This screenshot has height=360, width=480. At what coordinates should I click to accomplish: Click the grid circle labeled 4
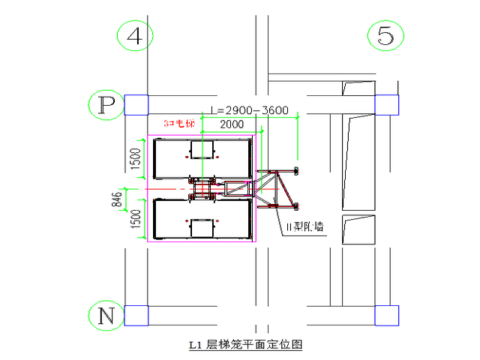tap(135, 36)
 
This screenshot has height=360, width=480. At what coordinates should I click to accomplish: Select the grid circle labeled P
tap(106, 106)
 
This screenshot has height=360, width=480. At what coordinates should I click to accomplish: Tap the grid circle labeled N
tap(106, 316)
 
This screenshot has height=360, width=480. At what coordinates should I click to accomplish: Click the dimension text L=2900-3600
tap(250, 110)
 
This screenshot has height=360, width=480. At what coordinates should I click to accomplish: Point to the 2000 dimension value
tap(230, 124)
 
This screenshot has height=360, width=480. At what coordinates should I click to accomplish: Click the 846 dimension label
tap(117, 199)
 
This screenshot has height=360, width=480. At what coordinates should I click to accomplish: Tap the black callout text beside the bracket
tap(303, 227)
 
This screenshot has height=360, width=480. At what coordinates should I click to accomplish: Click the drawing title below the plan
tap(247, 346)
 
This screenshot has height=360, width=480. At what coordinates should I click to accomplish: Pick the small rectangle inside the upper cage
tap(202, 152)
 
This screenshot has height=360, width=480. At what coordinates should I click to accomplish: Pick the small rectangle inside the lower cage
tap(202, 226)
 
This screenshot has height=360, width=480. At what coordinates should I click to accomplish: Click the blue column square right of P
tap(136, 105)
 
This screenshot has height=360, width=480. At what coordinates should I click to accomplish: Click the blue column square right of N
tap(136, 316)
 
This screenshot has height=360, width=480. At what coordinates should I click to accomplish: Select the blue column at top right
tap(386, 105)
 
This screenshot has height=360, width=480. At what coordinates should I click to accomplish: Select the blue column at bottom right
tap(386, 315)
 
